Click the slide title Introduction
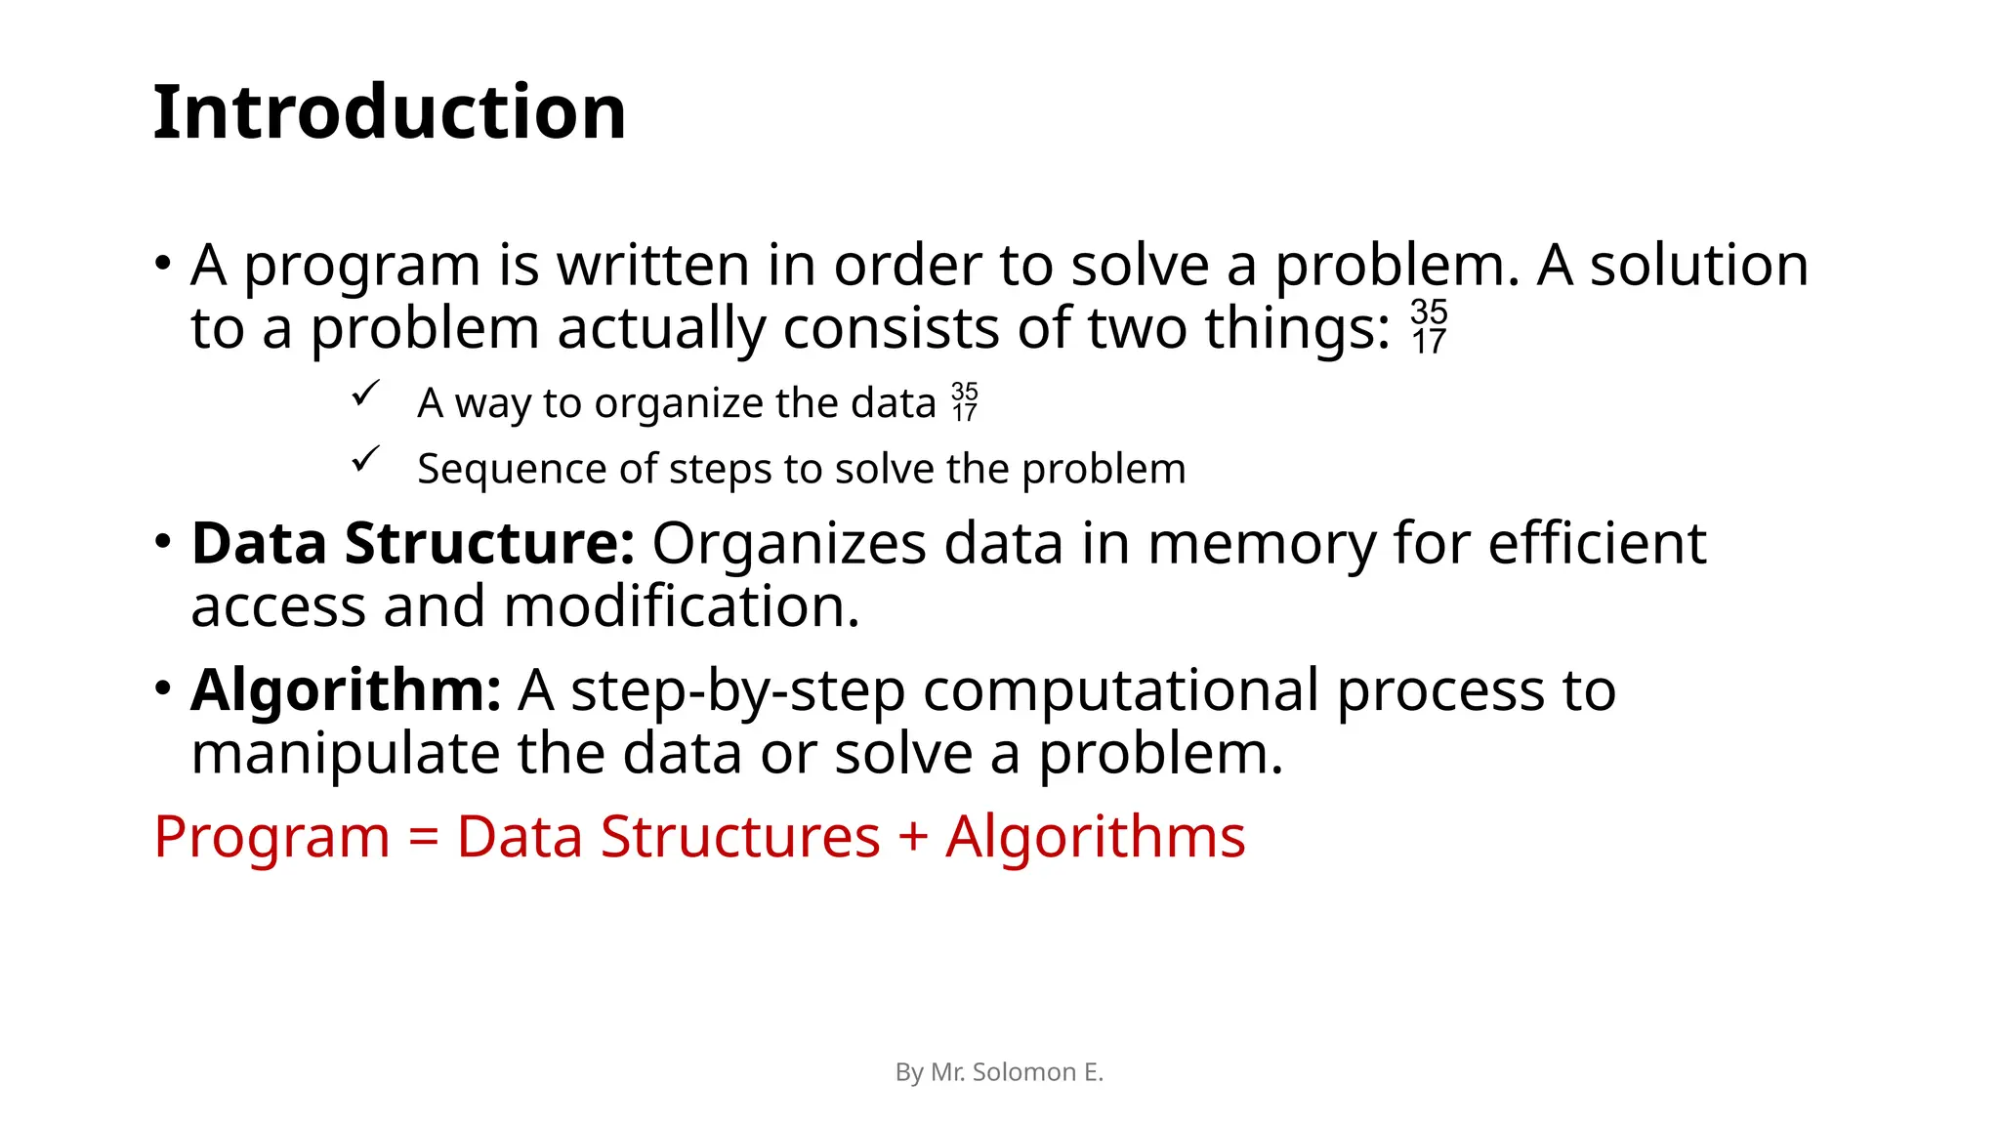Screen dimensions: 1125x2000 (389, 112)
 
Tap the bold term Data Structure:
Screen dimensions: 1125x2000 (413, 543)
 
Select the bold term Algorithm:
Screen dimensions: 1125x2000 (346, 690)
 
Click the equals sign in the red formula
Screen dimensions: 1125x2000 (423, 838)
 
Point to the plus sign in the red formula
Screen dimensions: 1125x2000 (912, 838)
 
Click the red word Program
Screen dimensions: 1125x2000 (271, 838)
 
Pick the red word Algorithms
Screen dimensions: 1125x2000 (1095, 838)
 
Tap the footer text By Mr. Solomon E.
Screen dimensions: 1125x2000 (999, 1072)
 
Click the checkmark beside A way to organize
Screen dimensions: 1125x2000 (365, 394)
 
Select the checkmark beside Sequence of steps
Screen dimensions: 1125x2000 (365, 459)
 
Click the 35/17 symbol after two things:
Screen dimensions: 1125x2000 (1429, 327)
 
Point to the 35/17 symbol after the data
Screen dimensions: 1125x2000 (965, 402)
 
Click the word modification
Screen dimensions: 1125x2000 (682, 606)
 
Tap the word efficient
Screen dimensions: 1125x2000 (1597, 543)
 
